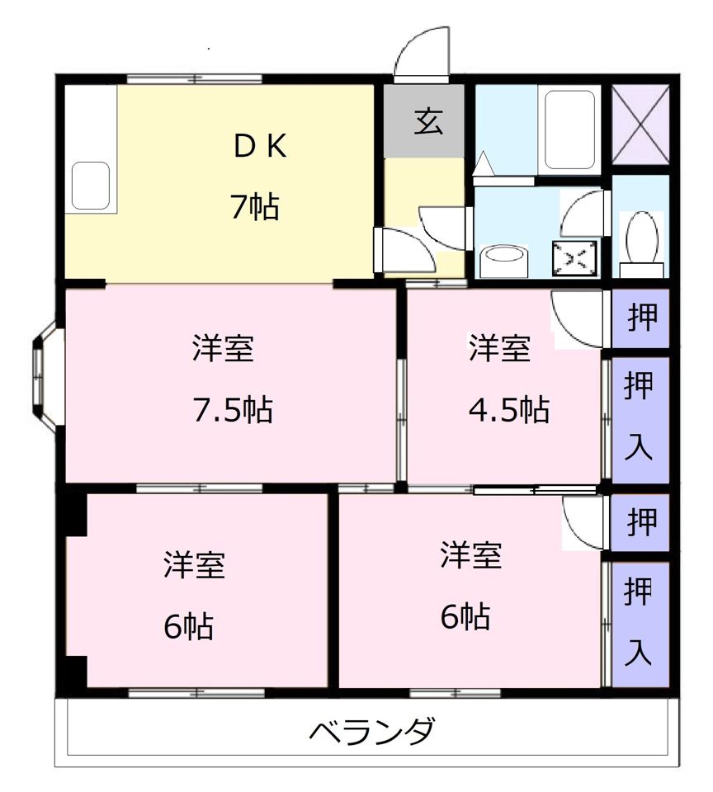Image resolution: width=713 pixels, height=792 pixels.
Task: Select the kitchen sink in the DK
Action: (x=91, y=186)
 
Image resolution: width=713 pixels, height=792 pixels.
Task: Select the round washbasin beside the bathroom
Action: (x=503, y=262)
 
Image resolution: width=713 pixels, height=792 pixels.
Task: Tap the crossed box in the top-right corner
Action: (x=641, y=125)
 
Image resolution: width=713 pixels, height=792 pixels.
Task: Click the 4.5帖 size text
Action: (x=508, y=409)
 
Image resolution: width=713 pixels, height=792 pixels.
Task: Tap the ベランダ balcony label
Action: (x=372, y=731)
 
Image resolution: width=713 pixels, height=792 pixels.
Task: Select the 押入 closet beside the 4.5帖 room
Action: (x=640, y=419)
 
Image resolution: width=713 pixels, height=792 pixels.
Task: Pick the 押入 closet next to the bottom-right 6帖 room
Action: (x=640, y=624)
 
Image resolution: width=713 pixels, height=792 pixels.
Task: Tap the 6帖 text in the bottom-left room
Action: (x=187, y=628)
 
